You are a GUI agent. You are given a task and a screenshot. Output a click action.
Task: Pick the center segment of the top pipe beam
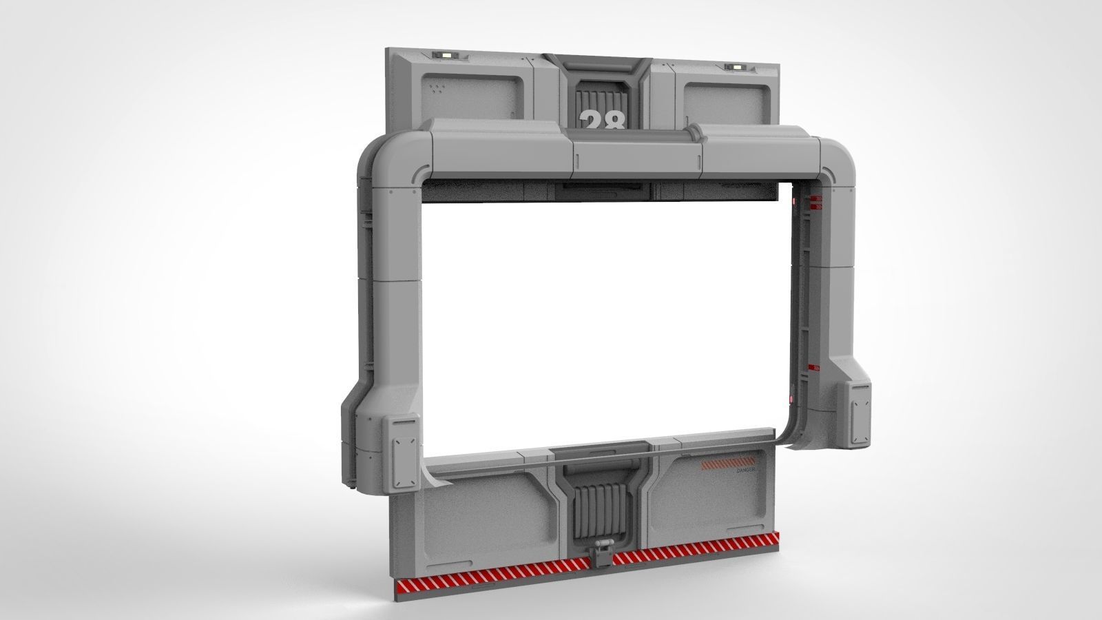[636, 156]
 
